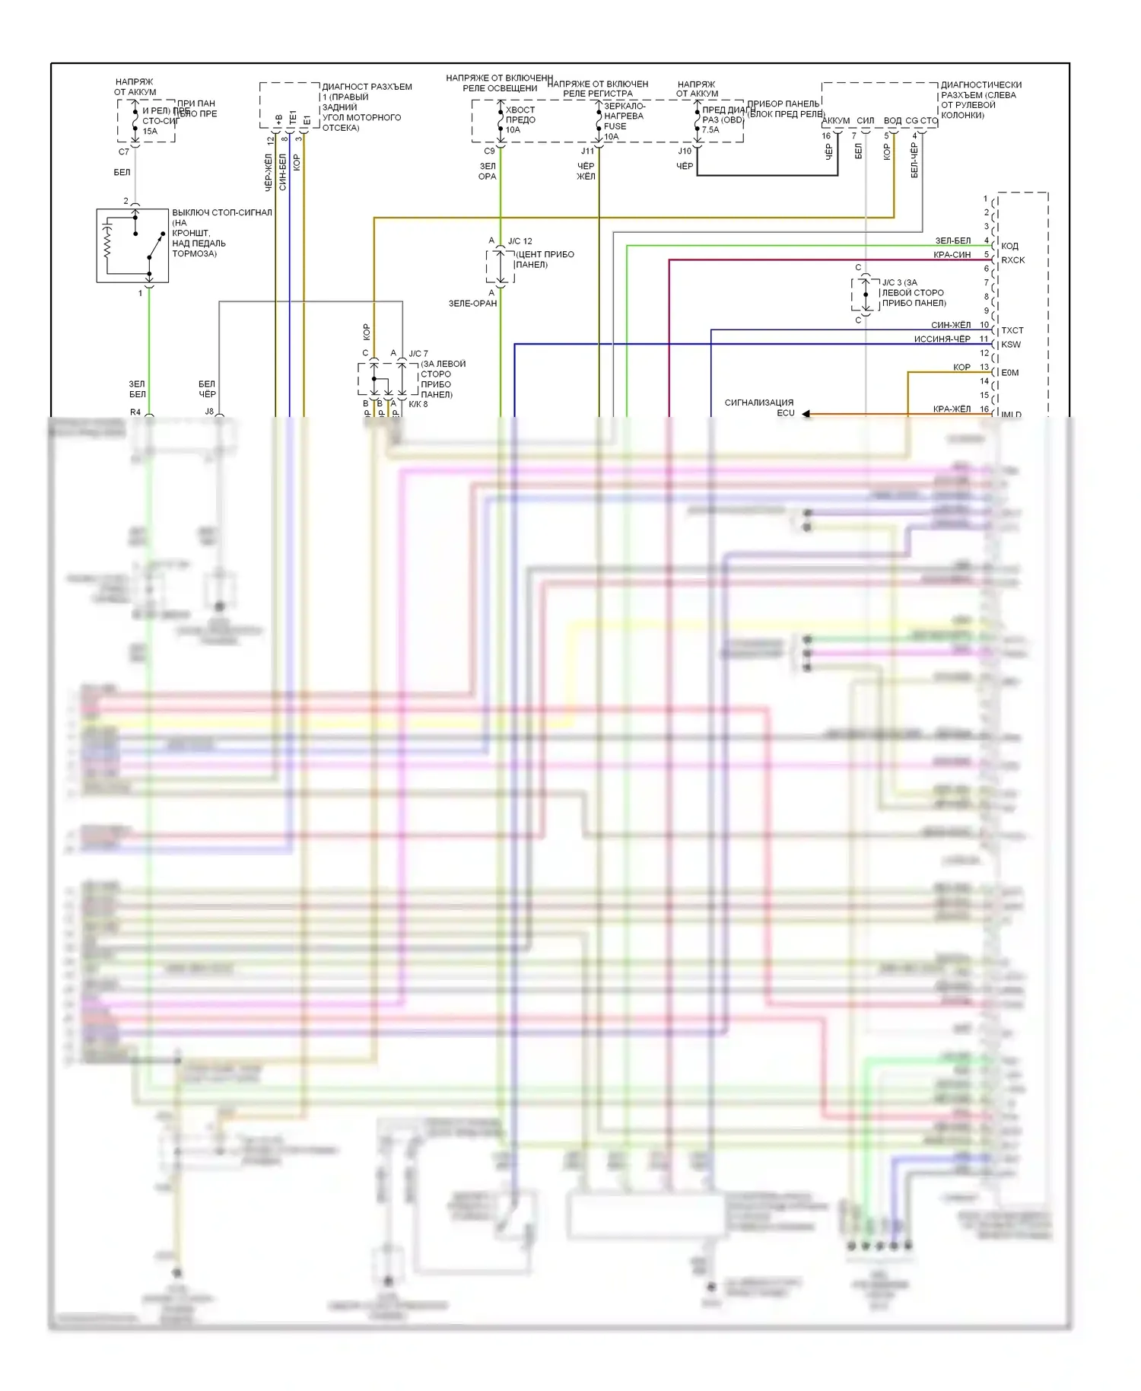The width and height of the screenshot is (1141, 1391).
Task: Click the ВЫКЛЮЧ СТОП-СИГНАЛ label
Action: click(x=221, y=212)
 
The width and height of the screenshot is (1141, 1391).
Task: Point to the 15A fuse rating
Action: click(x=150, y=131)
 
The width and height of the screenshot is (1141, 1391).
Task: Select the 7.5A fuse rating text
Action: click(x=710, y=129)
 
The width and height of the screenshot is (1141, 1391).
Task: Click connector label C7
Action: click(x=124, y=151)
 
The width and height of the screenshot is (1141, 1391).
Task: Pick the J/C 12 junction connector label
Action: click(x=520, y=241)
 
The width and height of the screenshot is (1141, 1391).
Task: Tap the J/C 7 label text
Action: click(x=418, y=354)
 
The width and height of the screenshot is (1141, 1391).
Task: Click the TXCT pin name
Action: click(x=1012, y=330)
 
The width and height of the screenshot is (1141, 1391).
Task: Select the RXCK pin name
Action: click(x=1012, y=260)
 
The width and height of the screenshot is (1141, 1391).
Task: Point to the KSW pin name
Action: click(x=1011, y=345)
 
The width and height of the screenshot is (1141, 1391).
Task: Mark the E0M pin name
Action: click(x=1010, y=373)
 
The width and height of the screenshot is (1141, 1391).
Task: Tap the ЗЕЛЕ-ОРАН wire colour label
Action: click(x=472, y=303)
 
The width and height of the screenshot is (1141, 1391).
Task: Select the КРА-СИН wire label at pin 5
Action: click(x=952, y=255)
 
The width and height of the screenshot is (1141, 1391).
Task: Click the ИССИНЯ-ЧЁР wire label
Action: click(x=942, y=339)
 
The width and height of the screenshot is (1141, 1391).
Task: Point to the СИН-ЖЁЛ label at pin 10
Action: click(x=951, y=325)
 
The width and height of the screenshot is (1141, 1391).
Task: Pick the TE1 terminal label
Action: click(x=293, y=118)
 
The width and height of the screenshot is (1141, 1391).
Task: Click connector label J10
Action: click(x=685, y=151)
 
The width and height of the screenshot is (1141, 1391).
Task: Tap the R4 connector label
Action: click(x=135, y=412)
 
